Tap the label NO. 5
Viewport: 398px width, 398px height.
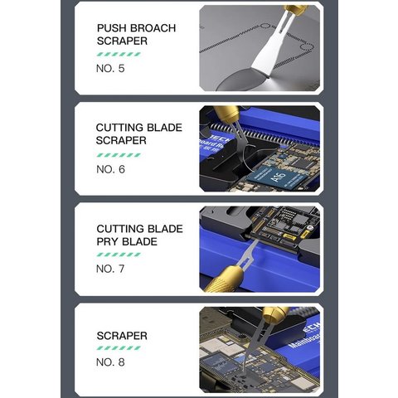pyautogui.click(x=110, y=68)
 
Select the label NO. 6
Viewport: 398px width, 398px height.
pyautogui.click(x=110, y=169)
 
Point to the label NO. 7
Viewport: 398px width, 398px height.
pyautogui.click(x=110, y=269)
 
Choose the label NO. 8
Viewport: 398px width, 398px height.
pyautogui.click(x=110, y=362)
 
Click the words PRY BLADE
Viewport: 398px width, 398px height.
pyautogui.click(x=127, y=241)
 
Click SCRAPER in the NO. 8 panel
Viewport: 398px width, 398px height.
pyautogui.click(x=122, y=336)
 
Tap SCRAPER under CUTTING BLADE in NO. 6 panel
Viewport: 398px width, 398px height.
pyautogui.click(x=121, y=141)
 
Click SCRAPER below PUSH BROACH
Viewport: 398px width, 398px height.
pyautogui.click(x=122, y=40)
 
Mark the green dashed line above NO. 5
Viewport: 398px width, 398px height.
pyautogui.click(x=119, y=54)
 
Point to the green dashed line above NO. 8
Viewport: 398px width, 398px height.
pyautogui.click(x=119, y=349)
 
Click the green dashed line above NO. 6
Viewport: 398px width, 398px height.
pyautogui.click(x=119, y=155)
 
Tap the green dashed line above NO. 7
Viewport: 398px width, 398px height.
pyautogui.click(x=119, y=255)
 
